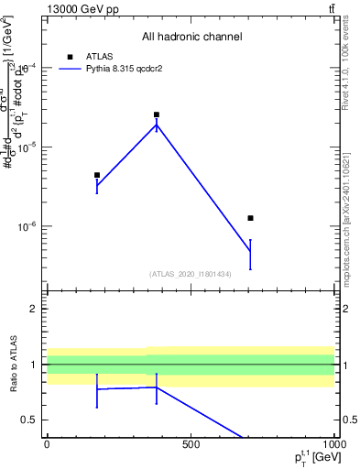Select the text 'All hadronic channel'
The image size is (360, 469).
tap(191, 37)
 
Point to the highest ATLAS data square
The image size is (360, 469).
tap(157, 115)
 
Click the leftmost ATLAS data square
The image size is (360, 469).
tap(97, 175)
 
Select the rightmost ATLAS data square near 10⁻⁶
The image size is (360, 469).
tap(250, 218)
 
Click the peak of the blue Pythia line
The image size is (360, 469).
tap(157, 125)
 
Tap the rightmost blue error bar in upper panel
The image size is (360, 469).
tap(250, 254)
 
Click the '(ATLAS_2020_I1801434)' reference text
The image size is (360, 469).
tap(191, 274)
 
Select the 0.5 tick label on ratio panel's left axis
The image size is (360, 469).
tap(30, 420)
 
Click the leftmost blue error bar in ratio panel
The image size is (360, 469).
tap(97, 390)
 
